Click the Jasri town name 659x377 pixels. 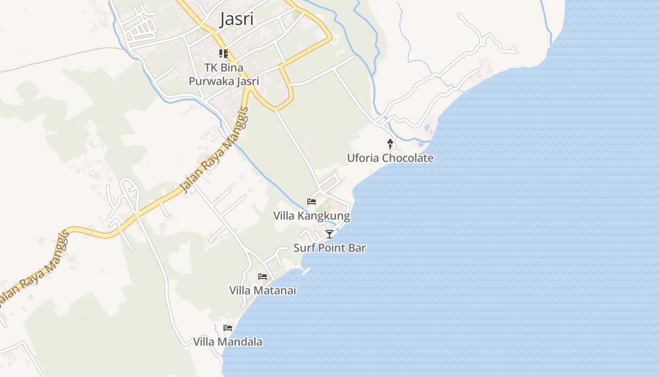click(237, 19)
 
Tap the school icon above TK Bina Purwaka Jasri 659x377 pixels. click(224, 54)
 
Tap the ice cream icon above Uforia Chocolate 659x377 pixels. click(390, 144)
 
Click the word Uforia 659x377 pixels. click(363, 158)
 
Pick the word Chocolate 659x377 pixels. click(408, 158)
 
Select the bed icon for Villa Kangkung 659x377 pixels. click(312, 202)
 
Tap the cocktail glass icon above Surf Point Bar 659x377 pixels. click(329, 234)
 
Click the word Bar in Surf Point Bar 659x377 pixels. click(358, 248)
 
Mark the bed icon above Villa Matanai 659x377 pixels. click(263, 276)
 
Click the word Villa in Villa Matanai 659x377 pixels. click(240, 290)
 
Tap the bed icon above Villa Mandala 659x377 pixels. click(228, 328)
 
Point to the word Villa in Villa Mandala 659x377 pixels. click(204, 342)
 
